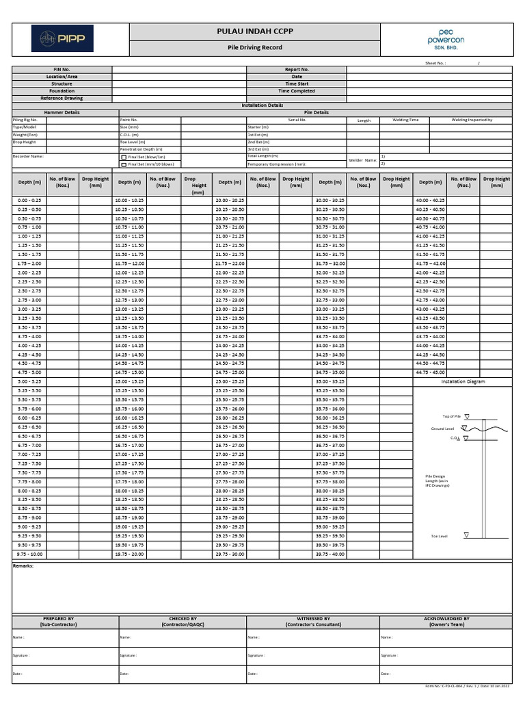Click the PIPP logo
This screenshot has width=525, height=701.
coord(62,38)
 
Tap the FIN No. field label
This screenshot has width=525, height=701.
coord(62,69)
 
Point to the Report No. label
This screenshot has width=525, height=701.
coord(297,69)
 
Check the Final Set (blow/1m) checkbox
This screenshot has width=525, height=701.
coord(124,157)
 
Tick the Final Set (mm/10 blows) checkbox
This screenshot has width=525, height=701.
coord(124,164)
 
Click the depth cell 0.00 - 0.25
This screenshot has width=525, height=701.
coord(29,200)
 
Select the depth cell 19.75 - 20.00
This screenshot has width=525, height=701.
coord(129,554)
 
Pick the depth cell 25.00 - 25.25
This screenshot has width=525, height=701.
coord(230,381)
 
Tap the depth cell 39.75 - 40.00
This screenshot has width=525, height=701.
coord(330,554)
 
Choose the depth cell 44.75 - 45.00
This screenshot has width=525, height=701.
coord(430,372)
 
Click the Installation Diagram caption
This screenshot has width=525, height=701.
coord(463,381)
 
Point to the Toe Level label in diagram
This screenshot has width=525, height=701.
coord(439,536)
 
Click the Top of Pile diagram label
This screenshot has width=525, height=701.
coord(452,416)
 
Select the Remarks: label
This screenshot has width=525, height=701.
coord(23,566)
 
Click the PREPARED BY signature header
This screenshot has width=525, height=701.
coord(59,621)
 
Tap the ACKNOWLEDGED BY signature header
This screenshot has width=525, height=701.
coord(446,621)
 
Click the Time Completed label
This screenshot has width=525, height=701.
coord(297,91)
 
